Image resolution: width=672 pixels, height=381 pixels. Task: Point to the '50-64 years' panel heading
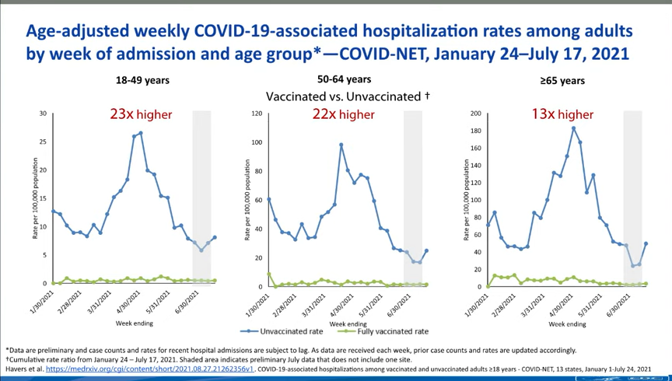[344, 79]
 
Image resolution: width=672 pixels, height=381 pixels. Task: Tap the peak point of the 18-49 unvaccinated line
[140, 133]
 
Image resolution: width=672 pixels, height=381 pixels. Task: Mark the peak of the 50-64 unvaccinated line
[341, 145]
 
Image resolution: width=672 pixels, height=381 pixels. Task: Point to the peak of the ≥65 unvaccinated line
[573, 128]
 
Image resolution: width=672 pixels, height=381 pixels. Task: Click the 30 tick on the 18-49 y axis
[43, 114]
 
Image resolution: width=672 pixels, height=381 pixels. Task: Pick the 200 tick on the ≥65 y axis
[476, 114]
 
